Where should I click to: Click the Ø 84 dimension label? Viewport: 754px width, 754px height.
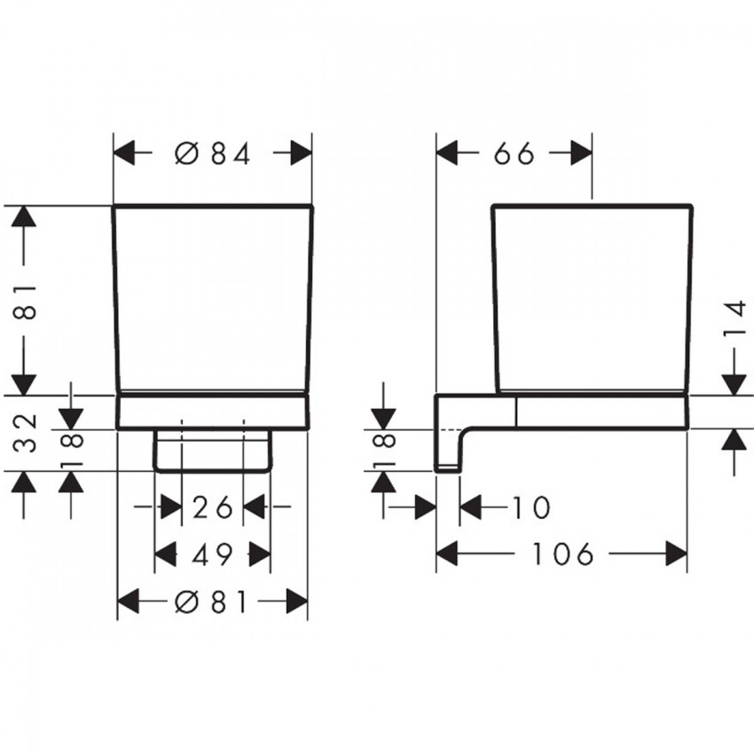pos(213,153)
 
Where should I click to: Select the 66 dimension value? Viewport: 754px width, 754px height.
pos(514,153)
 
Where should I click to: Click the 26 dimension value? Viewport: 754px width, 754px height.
pos(212,507)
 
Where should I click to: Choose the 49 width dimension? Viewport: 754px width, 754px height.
pos(212,554)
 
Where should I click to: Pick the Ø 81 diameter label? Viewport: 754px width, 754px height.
pos(211,601)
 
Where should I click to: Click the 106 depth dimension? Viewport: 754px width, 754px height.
pos(562,554)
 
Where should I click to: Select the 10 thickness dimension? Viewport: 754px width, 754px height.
pos(531,507)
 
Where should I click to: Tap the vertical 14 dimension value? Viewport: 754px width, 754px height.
pos(734,318)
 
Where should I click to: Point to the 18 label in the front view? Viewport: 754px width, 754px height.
pos(73,450)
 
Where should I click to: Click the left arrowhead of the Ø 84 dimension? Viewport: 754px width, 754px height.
pos(124,153)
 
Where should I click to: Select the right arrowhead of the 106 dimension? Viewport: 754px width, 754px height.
pos(677,554)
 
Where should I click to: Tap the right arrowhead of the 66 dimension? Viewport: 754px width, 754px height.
pos(581,153)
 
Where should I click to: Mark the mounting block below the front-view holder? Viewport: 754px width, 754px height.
pos(212,450)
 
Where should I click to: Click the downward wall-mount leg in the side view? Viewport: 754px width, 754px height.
pos(447,447)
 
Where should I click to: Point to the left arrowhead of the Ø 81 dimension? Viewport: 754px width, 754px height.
pos(129,601)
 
